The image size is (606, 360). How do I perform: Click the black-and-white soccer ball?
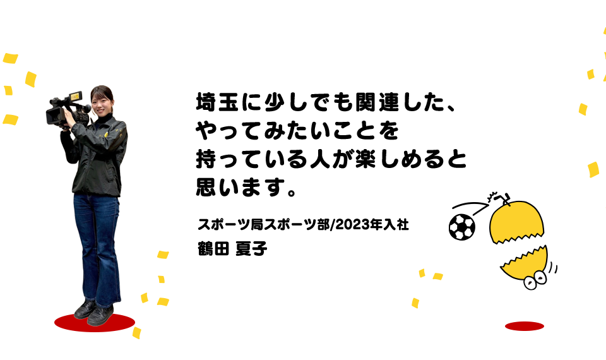pos(461,228)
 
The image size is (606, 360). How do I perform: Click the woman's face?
pos(101,100)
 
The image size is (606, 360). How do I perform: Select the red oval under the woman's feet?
pos(95,323)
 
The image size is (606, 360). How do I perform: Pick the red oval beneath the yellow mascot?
pos(524,326)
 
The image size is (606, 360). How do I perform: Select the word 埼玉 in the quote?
pos(217,104)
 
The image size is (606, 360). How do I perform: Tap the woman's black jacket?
pos(100,158)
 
